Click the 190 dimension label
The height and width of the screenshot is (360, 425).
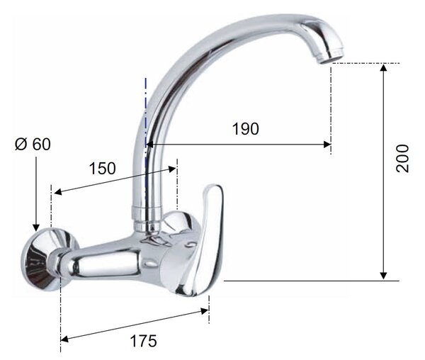[x=246, y=129]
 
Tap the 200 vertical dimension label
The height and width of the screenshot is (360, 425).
[x=402, y=158]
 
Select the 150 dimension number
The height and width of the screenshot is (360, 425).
[x=103, y=169]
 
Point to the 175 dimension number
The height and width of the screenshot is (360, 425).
[x=143, y=341]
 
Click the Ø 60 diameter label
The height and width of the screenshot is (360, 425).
[x=33, y=144]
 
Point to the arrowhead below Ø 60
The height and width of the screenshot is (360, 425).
[x=36, y=228]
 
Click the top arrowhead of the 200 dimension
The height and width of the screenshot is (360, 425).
[x=383, y=67]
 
